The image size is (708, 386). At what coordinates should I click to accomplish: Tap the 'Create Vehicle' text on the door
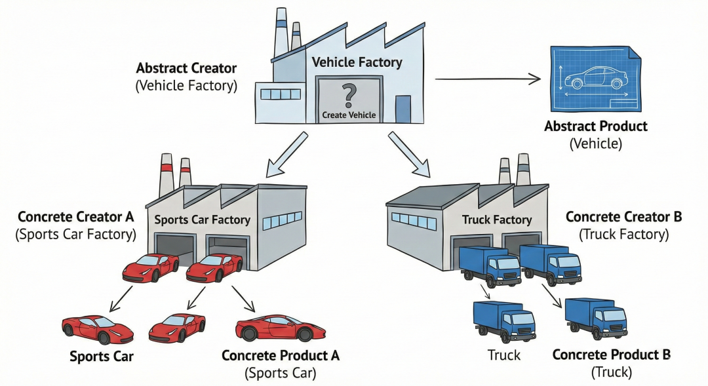point(349,115)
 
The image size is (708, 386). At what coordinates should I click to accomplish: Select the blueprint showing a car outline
point(594,77)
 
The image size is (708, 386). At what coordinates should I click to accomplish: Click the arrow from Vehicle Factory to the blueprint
point(488,79)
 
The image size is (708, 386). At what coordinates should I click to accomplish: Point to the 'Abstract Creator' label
point(186,68)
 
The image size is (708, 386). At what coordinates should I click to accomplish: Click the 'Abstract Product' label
point(595,126)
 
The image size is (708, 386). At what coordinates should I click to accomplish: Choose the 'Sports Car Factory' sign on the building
point(202,220)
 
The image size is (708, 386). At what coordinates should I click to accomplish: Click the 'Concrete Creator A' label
point(75,217)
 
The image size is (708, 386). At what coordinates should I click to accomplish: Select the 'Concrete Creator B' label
point(623,217)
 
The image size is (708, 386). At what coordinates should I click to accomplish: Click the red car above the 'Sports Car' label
point(98,328)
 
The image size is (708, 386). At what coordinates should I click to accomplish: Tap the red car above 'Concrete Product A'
point(280,326)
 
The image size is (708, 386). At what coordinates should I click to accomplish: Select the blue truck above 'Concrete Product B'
point(595,318)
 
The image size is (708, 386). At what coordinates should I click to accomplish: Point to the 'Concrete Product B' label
point(611,355)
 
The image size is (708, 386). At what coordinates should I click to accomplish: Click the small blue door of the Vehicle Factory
point(403,108)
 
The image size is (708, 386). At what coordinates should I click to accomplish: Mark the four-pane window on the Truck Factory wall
point(413,220)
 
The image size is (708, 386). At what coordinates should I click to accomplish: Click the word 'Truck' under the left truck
point(503,355)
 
